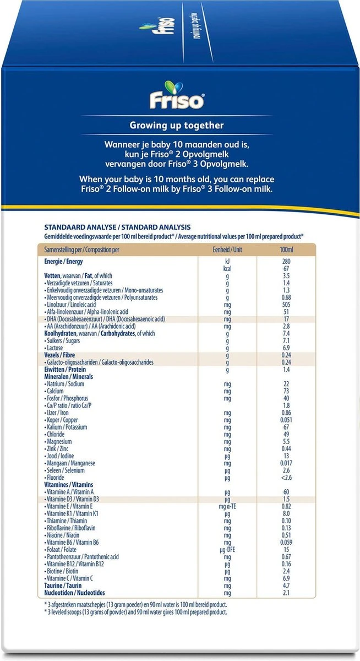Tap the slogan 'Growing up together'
176,126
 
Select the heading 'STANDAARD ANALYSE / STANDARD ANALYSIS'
117,227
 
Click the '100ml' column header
286,250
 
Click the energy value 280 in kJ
286,261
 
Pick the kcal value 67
286,268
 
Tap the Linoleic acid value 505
286,305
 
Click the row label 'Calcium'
57,391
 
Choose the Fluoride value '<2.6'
286,477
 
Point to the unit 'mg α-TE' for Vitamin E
227,506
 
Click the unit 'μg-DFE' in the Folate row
227,549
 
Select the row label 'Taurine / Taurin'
62,585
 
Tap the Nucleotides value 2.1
286,592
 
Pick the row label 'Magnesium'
59,441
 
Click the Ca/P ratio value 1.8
286,405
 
